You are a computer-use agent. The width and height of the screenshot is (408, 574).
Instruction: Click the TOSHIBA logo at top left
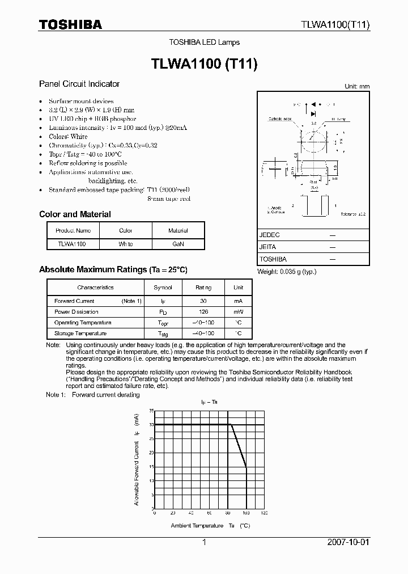(x=70, y=24)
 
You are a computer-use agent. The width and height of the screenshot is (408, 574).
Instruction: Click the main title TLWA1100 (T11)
(x=204, y=65)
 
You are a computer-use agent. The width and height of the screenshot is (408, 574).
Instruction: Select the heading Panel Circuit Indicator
(x=79, y=84)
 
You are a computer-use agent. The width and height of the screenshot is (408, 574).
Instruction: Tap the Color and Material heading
(x=75, y=214)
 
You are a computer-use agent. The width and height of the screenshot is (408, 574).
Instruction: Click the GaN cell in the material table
(x=178, y=244)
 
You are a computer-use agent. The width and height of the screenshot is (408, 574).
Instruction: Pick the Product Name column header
(x=73, y=231)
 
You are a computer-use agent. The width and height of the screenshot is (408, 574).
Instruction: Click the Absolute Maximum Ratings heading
(x=113, y=270)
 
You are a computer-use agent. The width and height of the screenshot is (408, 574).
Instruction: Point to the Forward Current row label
(x=74, y=301)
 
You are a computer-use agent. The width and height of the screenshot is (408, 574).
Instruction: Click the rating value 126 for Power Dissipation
(x=203, y=312)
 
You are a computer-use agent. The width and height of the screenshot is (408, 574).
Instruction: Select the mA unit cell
(x=239, y=301)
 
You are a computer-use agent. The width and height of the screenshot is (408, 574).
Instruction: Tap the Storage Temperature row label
(x=80, y=334)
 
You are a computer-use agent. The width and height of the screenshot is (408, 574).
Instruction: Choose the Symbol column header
(x=163, y=288)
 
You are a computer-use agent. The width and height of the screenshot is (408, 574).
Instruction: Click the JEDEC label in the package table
(x=270, y=235)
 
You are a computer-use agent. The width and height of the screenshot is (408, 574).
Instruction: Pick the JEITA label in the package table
(x=269, y=247)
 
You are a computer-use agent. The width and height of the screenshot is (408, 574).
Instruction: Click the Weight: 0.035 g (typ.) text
(x=287, y=272)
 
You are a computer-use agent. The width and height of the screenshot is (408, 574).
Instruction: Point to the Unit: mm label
(x=357, y=86)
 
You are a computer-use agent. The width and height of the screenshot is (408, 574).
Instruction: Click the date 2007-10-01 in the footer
(x=348, y=542)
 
